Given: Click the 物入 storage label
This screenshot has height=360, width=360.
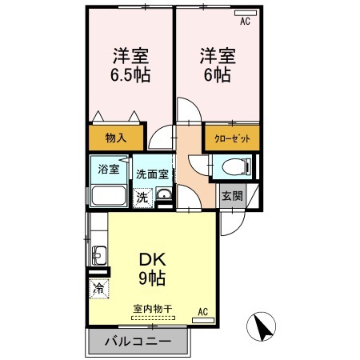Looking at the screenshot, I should (x=117, y=138).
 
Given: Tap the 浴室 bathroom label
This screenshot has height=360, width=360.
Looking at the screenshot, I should (x=109, y=169).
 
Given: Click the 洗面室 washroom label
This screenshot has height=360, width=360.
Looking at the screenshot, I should (x=151, y=173).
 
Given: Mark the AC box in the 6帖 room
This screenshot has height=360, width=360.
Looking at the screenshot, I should (x=245, y=22).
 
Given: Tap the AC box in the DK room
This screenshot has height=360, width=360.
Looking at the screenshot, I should (x=203, y=312).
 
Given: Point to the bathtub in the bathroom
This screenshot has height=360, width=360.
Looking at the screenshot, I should (x=107, y=196).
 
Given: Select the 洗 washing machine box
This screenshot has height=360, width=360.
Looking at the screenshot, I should (x=142, y=196).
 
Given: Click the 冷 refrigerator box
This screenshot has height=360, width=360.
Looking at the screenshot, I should (x=98, y=288).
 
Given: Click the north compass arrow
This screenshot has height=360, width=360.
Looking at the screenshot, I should (x=262, y=326).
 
